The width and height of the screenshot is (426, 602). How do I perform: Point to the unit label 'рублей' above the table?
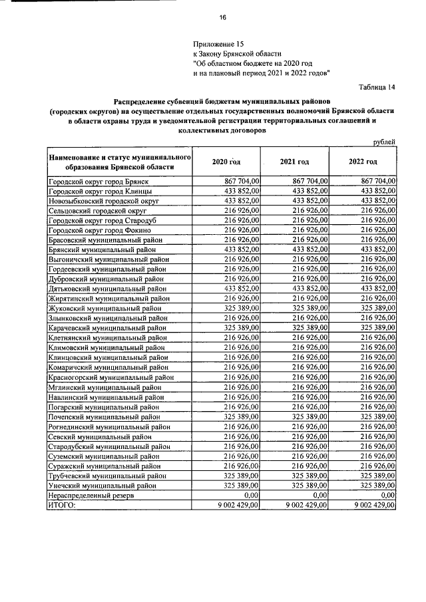click(x=384, y=141)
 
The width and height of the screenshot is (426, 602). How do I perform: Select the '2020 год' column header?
click(x=226, y=162)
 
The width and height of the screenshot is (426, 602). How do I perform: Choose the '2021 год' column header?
click(x=294, y=162)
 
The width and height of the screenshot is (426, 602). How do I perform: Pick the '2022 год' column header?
click(x=363, y=162)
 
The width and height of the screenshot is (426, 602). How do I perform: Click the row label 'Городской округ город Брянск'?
click(x=99, y=181)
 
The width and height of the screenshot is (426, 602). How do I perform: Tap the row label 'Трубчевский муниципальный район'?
click(x=106, y=476)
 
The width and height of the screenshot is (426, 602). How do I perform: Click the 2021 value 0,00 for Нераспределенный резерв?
click(x=320, y=496)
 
